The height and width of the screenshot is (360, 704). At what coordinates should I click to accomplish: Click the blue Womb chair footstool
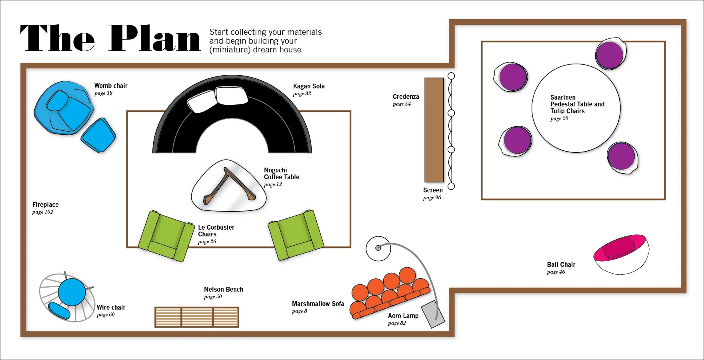pyautogui.click(x=98, y=135)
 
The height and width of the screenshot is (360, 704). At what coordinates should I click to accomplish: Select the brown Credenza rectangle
pyautogui.click(x=434, y=130)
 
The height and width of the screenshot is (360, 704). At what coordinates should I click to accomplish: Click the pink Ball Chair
pyautogui.click(x=621, y=254)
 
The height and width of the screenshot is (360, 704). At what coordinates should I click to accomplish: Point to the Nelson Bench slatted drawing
pyautogui.click(x=197, y=317)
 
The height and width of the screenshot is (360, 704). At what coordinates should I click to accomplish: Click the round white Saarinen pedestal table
pyautogui.click(x=576, y=108)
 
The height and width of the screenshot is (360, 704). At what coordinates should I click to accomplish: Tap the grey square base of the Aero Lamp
pyautogui.click(x=433, y=314)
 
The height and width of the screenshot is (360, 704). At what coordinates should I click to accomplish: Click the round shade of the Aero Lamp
pyautogui.click(x=378, y=248)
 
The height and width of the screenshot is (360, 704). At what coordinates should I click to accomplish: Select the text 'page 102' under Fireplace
pyautogui.click(x=43, y=212)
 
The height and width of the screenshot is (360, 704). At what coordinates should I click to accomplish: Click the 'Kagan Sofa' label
pyautogui.click(x=309, y=86)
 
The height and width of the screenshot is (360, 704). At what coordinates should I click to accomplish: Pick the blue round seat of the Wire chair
pyautogui.click(x=72, y=292)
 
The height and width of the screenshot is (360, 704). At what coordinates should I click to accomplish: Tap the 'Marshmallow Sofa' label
pyautogui.click(x=318, y=304)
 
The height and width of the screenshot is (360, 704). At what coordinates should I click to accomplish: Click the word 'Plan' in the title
pyautogui.click(x=154, y=38)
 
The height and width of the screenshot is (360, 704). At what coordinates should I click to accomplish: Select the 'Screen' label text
pyautogui.click(x=433, y=190)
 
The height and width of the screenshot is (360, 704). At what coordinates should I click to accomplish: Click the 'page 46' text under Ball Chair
pyautogui.click(x=556, y=272)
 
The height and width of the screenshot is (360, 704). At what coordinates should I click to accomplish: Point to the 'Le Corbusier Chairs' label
pyautogui.click(x=216, y=231)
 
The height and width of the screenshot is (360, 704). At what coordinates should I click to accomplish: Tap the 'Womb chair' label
pyautogui.click(x=111, y=86)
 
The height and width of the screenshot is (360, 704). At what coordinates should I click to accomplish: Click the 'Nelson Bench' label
pyautogui.click(x=224, y=289)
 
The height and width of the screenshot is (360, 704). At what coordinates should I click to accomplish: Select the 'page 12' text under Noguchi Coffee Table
pyautogui.click(x=273, y=184)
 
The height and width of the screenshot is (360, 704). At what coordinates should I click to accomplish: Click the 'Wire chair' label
pyautogui.click(x=111, y=307)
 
